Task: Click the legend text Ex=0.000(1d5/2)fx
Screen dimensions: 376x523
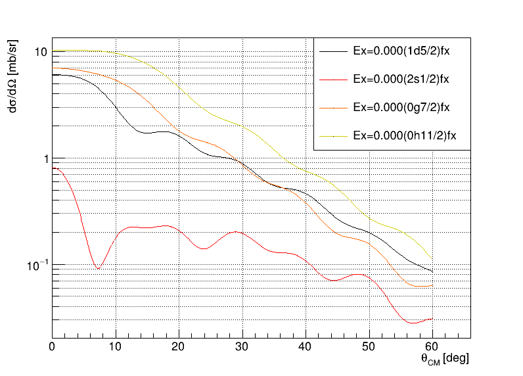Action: (401, 50)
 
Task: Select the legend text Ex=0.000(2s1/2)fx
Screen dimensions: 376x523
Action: (401, 78)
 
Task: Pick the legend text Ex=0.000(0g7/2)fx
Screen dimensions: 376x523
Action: (401, 106)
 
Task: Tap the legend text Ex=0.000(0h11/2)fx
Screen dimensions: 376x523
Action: (405, 135)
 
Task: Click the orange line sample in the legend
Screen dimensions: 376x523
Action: (332, 106)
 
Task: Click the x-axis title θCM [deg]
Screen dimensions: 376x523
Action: (444, 359)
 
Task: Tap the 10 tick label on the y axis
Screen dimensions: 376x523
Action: (39, 52)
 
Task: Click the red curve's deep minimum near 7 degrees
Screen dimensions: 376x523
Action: (98, 269)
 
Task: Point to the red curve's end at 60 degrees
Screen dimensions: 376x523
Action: (432, 319)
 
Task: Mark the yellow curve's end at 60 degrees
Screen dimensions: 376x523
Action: (432, 259)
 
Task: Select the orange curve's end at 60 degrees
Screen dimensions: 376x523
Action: (432, 285)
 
